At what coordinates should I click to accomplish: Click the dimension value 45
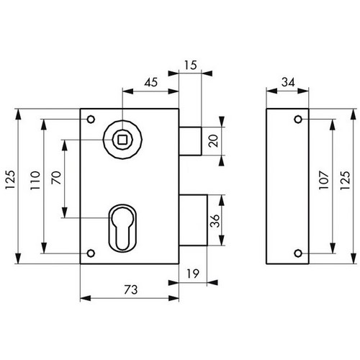tap(151, 82)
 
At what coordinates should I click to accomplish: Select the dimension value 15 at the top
tap(191, 66)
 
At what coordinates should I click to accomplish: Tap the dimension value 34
tap(288, 82)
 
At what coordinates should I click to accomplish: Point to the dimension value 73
tap(131, 289)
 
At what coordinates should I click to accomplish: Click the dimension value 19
tap(193, 274)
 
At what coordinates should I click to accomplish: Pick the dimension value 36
tap(215, 220)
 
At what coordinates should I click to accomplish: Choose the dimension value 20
tap(214, 140)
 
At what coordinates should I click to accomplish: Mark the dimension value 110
tap(35, 180)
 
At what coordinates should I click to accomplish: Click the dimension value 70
tap(56, 178)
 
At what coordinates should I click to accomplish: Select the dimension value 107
tap(323, 180)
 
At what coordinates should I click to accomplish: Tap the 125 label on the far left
tap(11, 180)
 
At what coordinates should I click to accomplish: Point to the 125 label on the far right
tap(346, 180)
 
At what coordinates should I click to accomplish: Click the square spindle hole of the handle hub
tap(122, 140)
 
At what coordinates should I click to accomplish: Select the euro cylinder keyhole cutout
tap(122, 228)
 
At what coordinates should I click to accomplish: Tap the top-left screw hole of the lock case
tap(91, 119)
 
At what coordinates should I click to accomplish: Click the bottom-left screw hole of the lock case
tap(91, 253)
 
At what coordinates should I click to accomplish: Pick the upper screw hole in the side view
tap(298, 119)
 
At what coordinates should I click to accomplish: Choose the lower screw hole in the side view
tap(298, 253)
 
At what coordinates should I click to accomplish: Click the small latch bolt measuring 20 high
tap(190, 141)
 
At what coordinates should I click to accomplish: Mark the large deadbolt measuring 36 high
tap(193, 220)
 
